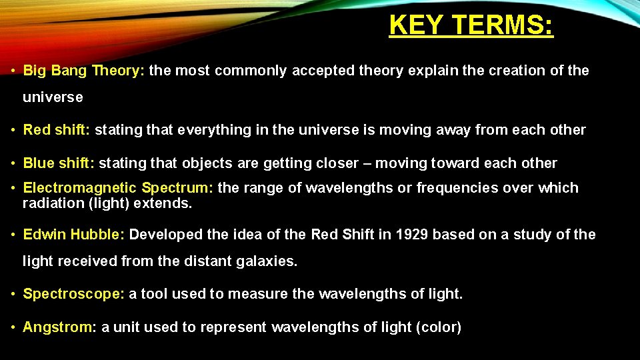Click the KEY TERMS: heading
pyautogui.click(x=471, y=25)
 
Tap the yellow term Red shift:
pyautogui.click(x=57, y=130)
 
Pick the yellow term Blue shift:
pyautogui.click(x=59, y=163)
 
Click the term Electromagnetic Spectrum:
pyautogui.click(x=118, y=189)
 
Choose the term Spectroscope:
pyautogui.click(x=73, y=294)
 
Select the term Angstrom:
pyautogui.click(x=60, y=327)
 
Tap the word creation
pyautogui.click(x=517, y=71)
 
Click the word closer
pyautogui.click(x=342, y=163)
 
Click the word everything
pyautogui.click(x=212, y=130)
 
